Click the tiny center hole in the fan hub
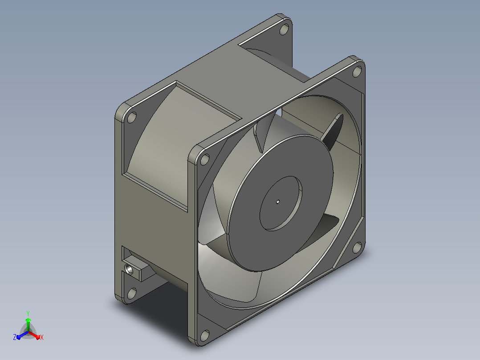pyautogui.click(x=278, y=201)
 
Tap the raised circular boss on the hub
pyautogui.click(x=281, y=203)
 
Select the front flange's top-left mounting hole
pyautogui.click(x=204, y=160)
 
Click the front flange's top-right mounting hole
pyautogui.click(x=357, y=71)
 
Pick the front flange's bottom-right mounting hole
pyautogui.click(x=357, y=248)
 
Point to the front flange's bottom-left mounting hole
pyautogui.click(x=204, y=336)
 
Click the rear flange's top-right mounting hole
pyautogui.click(x=285, y=29)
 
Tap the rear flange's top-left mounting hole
pyautogui.click(x=132, y=118)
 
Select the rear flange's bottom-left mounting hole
pyautogui.click(x=132, y=294)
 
